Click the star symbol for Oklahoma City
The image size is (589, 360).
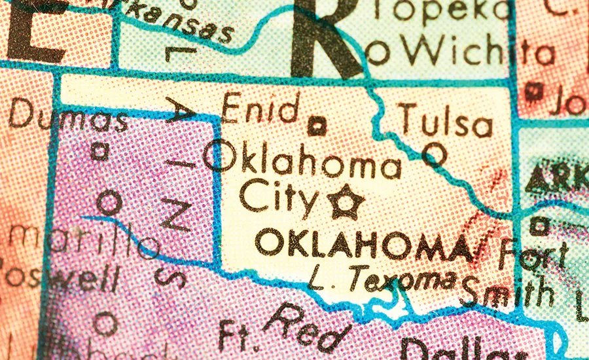[x=346, y=202]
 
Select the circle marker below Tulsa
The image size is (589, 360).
[x=433, y=154]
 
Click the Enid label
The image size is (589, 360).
[x=261, y=109]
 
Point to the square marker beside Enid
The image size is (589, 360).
[x=317, y=125]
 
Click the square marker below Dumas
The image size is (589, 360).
[x=99, y=152]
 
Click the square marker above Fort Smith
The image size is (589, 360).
[x=539, y=226]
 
